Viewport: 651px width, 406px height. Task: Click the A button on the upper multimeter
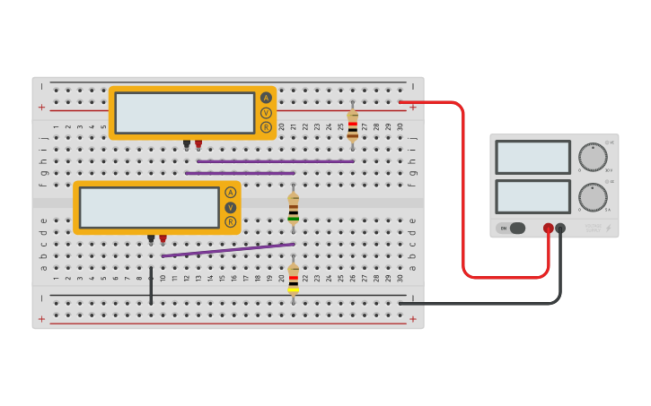click(x=266, y=98)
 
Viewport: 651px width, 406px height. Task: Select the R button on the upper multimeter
click(x=266, y=127)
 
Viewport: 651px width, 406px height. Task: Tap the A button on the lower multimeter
click(x=231, y=193)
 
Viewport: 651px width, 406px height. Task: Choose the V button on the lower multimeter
click(x=231, y=207)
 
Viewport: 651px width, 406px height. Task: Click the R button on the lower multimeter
click(x=231, y=221)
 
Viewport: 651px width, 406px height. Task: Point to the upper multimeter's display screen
click(x=185, y=113)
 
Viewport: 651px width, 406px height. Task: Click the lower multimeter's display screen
click(x=149, y=207)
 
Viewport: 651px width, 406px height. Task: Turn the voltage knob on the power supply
click(x=592, y=157)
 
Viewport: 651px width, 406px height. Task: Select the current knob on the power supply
click(x=592, y=197)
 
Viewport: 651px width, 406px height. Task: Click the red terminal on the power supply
click(x=548, y=229)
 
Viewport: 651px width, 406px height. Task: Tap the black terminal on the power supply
click(x=560, y=229)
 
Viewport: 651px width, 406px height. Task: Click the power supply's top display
click(x=532, y=157)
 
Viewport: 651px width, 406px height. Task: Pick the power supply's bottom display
click(x=532, y=196)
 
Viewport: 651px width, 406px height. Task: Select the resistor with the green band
click(x=294, y=208)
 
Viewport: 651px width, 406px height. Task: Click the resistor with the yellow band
click(x=294, y=278)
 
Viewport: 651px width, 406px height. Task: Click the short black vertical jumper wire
click(x=151, y=284)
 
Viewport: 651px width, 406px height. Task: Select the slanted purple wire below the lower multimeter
click(x=228, y=250)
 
